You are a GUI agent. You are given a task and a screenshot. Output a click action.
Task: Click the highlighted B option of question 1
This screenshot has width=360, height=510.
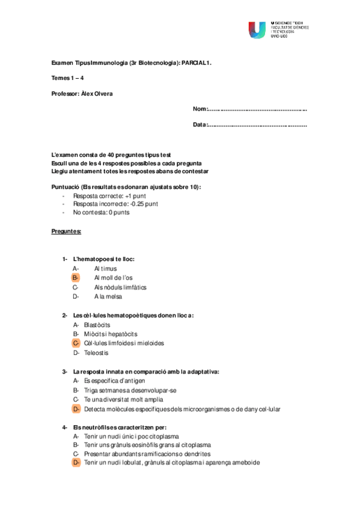coord(76,278)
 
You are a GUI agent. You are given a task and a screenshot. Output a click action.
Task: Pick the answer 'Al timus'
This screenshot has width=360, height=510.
coord(105,268)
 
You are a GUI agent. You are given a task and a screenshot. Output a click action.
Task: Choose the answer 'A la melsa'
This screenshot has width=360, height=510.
coord(109,296)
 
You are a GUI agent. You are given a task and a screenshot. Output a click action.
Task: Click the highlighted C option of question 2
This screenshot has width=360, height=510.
coord(76,343)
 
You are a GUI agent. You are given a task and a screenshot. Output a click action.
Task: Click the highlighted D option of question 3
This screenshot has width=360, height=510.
coord(76,409)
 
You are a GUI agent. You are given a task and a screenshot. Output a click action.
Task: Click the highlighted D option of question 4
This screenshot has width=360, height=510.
coord(76,463)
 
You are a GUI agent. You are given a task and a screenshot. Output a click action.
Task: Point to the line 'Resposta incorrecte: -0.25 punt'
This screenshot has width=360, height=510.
coord(115,204)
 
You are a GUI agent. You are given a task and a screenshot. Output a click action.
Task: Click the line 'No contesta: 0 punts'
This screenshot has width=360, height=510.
coord(101,212)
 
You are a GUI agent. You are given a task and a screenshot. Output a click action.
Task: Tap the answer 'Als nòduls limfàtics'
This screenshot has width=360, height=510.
coord(120,287)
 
